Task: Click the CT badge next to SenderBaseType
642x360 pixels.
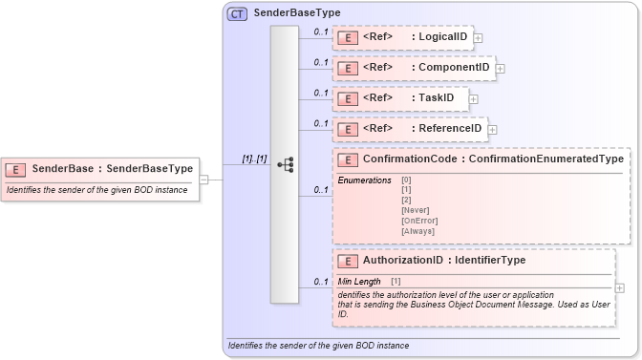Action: pos(237,13)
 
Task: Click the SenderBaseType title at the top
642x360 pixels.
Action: pos(296,13)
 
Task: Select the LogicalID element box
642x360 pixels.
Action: pos(402,38)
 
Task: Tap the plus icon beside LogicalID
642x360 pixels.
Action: pos(478,38)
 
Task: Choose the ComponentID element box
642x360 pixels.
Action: pos(413,68)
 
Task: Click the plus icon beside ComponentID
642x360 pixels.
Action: pos(500,69)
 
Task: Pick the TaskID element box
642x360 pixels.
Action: pos(400,98)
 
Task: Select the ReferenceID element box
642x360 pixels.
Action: pos(410,129)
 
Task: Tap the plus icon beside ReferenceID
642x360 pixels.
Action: pos(493,129)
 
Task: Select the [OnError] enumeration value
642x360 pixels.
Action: pos(419,221)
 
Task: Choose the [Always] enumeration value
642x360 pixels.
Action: pos(418,231)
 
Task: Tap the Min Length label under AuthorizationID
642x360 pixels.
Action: pos(359,282)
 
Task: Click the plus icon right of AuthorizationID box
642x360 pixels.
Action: pos(621,287)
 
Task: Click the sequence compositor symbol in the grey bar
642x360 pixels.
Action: pos(285,164)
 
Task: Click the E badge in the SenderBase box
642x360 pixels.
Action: pos(16,169)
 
